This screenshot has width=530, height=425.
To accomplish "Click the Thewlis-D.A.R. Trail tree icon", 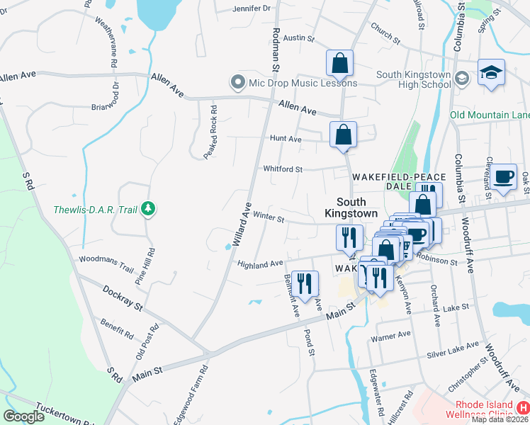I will [148, 208].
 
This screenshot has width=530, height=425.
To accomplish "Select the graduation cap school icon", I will [491, 72].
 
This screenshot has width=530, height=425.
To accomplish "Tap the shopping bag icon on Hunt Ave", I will [343, 134].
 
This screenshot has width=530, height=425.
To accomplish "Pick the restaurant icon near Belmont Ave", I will [305, 283].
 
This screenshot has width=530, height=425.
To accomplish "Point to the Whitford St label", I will [283, 169].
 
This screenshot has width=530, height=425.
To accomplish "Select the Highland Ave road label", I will [260, 263].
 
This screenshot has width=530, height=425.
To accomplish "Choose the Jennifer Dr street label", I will [252, 9].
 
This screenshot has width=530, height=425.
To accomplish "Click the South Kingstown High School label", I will [414, 79].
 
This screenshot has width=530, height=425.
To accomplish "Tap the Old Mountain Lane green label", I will [490, 115].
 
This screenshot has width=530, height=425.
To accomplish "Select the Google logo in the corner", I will [24, 416].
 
